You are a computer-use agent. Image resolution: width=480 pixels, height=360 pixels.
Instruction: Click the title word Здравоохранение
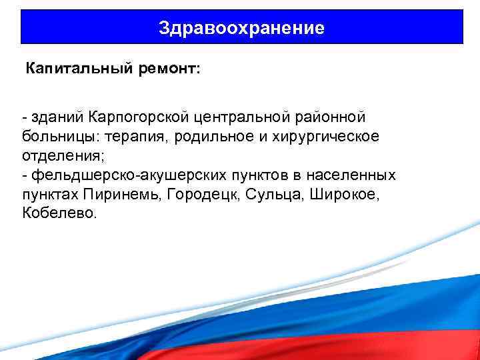coord(241,27)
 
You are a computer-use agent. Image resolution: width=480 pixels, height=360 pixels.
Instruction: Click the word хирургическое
coord(322,137)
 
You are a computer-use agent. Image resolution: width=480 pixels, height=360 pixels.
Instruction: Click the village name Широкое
coord(333,195)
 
